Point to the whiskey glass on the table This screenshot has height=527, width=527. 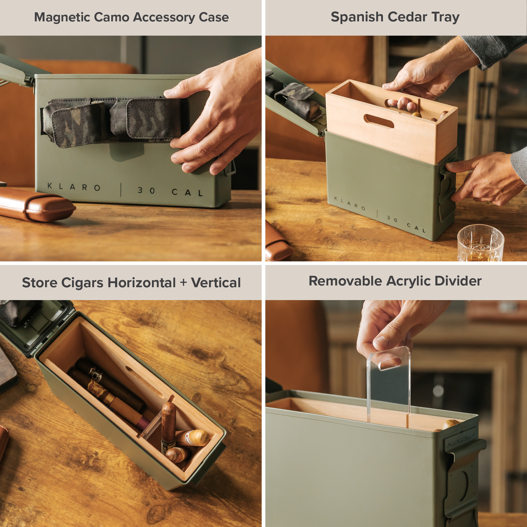[480, 244]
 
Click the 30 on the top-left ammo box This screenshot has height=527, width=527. [146, 191]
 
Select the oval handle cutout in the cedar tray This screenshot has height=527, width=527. [379, 121]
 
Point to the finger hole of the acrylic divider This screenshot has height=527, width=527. [389, 364]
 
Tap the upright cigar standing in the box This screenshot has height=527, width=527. [168, 426]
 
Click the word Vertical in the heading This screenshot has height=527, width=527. [216, 282]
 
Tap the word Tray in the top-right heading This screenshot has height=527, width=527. [445, 17]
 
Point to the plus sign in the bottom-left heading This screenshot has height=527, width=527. [183, 283]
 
